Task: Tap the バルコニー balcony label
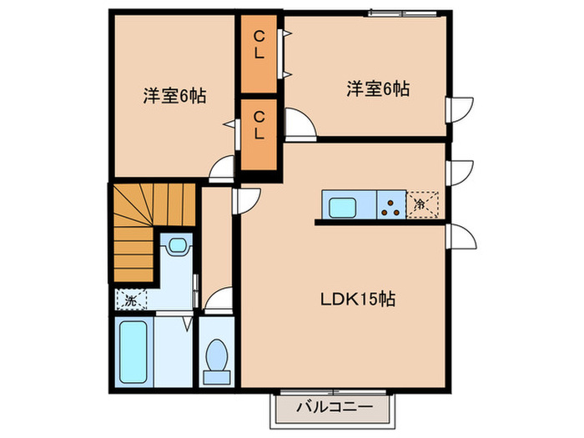[x=331, y=408]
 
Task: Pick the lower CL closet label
[x=259, y=124]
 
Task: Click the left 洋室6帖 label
[x=174, y=95]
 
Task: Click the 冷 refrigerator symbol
[x=420, y=204]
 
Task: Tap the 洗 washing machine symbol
[x=132, y=298]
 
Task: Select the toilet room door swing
[x=219, y=300]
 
